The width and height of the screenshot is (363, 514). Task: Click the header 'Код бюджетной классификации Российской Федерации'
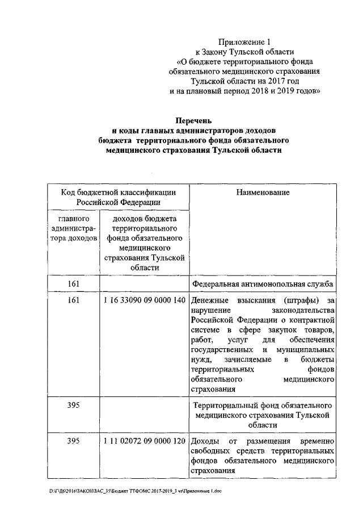click(x=118, y=197)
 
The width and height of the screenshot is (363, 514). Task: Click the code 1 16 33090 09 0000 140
click(x=145, y=300)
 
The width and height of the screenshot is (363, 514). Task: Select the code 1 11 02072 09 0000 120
click(x=145, y=441)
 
